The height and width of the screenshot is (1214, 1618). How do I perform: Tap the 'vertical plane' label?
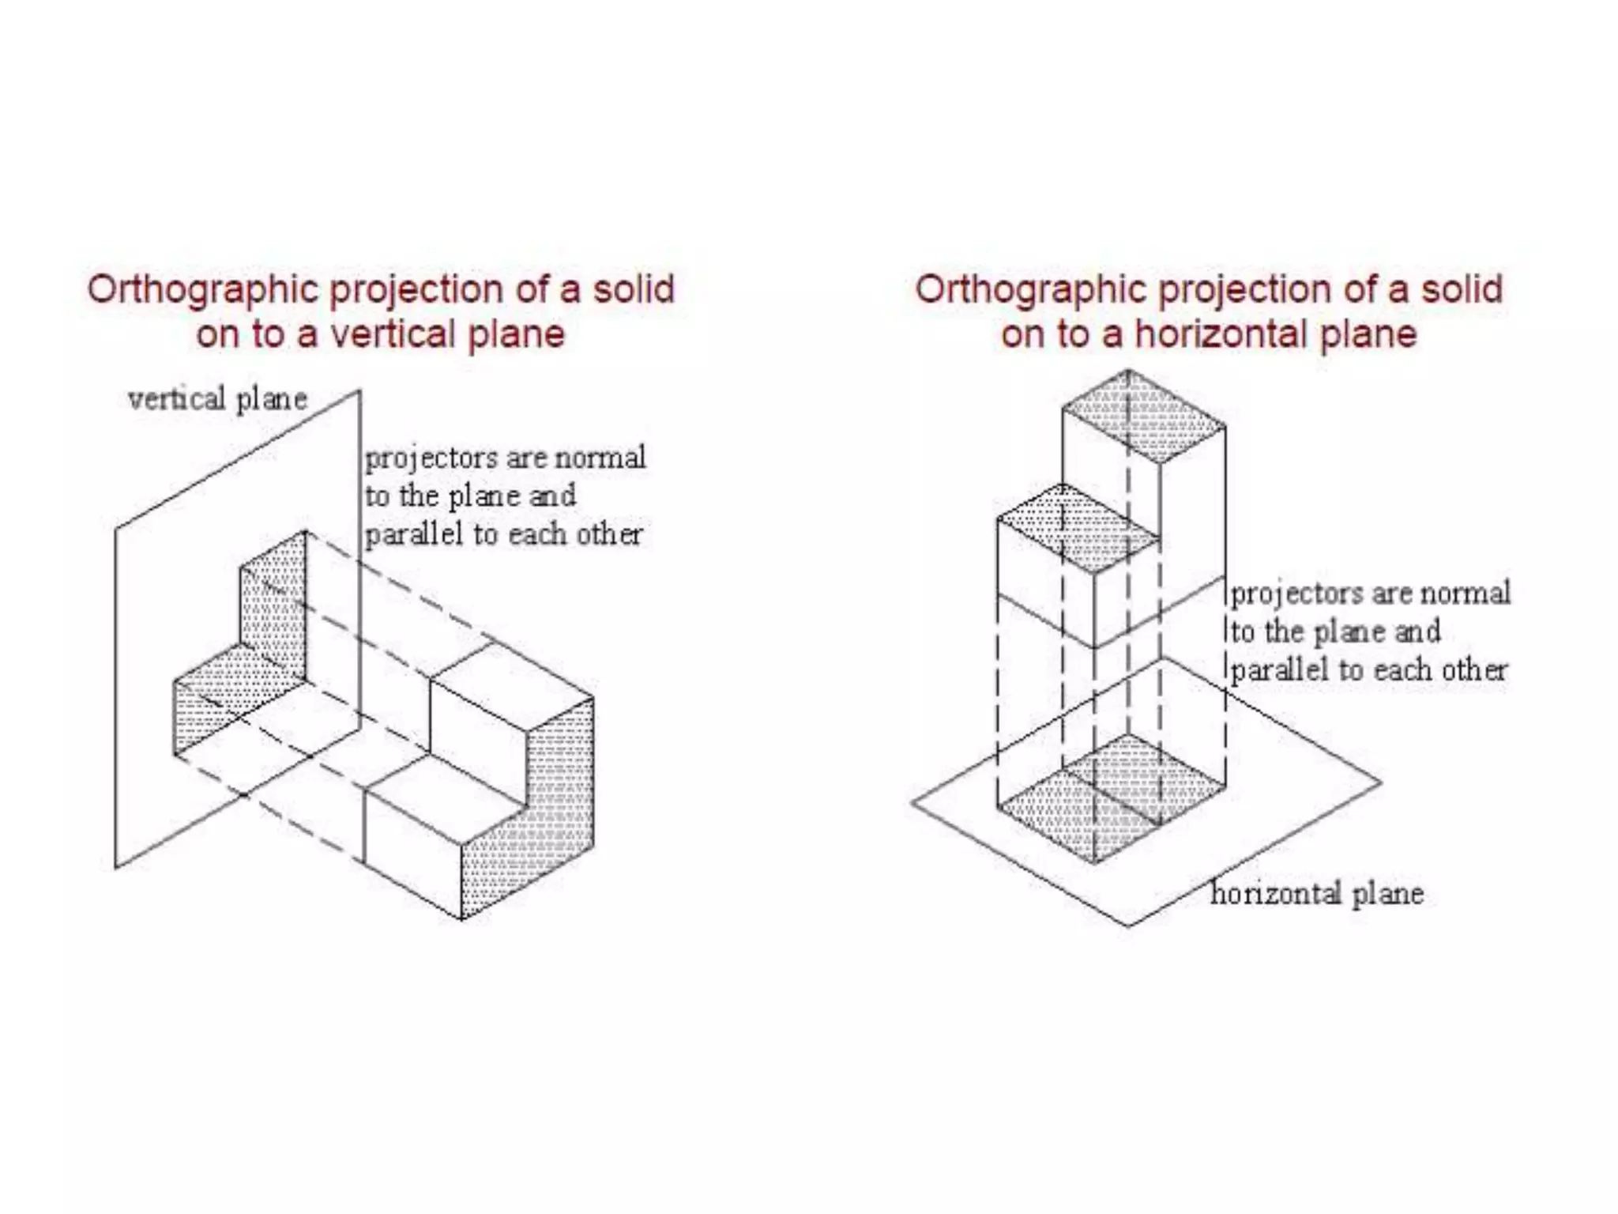tap(217, 399)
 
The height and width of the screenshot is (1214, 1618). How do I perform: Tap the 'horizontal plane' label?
tap(1317, 894)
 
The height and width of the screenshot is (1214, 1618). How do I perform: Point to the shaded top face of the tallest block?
tap(1144, 417)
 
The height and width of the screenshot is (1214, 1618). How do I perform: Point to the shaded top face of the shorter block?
tap(1078, 529)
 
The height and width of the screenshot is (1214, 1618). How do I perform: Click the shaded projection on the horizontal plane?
tap(1110, 798)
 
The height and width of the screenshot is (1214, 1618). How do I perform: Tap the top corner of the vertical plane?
tap(360, 390)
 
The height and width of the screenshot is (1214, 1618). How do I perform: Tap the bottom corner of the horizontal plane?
tap(1128, 926)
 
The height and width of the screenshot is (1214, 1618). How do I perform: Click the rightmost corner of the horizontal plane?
tap(1381, 782)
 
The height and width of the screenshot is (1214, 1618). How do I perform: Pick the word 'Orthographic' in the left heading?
tap(202, 290)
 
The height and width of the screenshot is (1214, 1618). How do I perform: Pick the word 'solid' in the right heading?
tap(1462, 288)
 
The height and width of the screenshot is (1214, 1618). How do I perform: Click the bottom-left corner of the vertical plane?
tap(116, 868)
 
